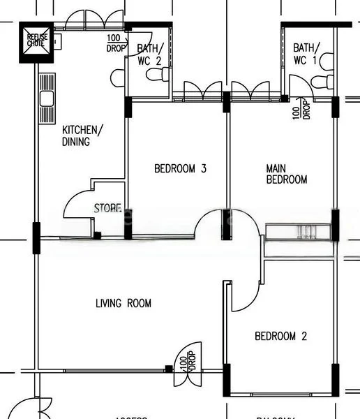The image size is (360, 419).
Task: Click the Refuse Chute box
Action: [x=36, y=41]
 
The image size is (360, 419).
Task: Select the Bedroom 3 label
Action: [x=180, y=168]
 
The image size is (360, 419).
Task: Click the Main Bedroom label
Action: [x=286, y=174]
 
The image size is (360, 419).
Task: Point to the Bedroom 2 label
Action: [x=280, y=337]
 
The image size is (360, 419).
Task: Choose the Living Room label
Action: [x=123, y=303]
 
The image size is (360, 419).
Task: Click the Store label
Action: [x=107, y=208]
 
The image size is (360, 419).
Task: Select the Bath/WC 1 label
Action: [x=305, y=53]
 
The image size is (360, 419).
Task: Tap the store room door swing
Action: [x=79, y=203]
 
